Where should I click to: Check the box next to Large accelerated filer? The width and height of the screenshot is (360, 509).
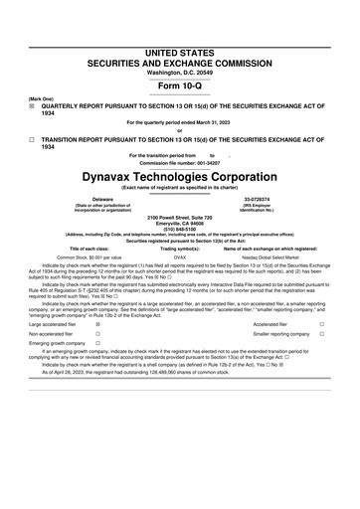tap(96, 324)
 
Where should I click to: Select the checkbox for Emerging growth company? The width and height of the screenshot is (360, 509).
tap(96, 347)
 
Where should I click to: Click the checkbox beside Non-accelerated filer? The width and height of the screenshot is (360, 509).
tap(96, 336)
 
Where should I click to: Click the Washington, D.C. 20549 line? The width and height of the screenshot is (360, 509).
tap(179, 72)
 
